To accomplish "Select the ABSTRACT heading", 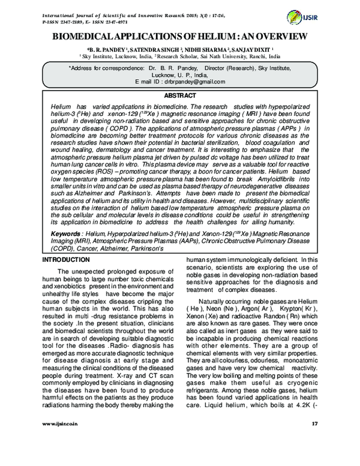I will (x=180, y=95).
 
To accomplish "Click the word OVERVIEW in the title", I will (x=281, y=38).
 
